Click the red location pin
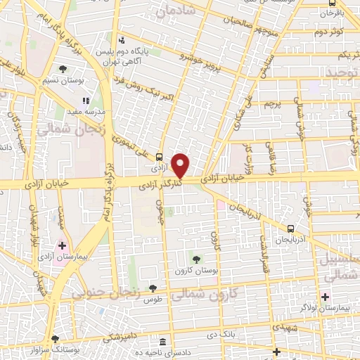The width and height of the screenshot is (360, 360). (181, 165)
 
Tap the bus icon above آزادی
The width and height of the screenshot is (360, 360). (159, 157)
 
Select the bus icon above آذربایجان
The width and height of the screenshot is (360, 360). (290, 229)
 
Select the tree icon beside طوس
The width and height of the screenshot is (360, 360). (152, 288)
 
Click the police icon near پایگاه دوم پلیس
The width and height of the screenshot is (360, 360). (122, 40)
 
